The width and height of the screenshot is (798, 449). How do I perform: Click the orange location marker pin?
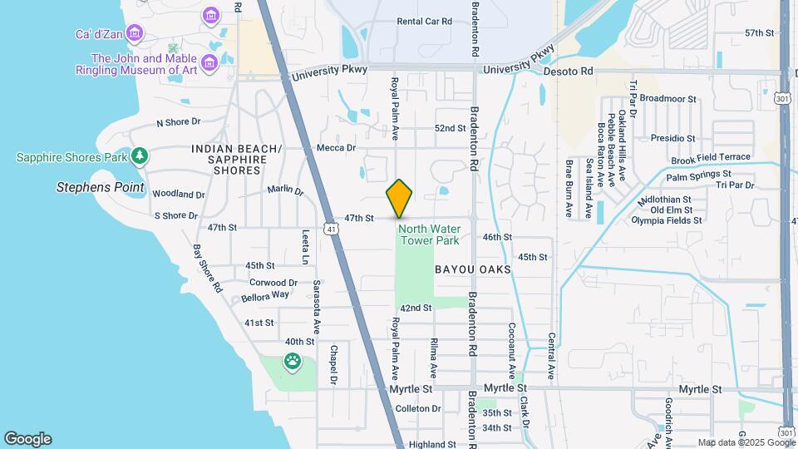point(400,198)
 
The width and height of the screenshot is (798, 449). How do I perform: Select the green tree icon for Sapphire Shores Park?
point(140,155)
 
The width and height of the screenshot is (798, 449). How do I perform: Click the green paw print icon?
point(293,361)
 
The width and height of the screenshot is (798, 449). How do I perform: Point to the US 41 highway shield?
point(331,229)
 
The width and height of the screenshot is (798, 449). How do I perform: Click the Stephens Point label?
point(101,187)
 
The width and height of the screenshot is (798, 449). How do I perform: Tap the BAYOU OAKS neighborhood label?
point(472,270)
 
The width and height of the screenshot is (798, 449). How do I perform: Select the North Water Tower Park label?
point(429,234)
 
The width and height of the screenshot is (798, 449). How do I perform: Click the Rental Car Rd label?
point(424,22)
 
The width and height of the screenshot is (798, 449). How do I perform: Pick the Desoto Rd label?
point(569,72)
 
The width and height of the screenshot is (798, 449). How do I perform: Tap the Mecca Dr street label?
point(336,148)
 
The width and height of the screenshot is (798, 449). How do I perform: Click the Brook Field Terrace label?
point(711,157)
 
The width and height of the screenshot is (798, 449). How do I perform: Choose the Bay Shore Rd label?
point(208,269)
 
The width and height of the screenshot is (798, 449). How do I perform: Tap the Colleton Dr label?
point(418,408)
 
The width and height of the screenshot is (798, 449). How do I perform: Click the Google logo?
point(27,439)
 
